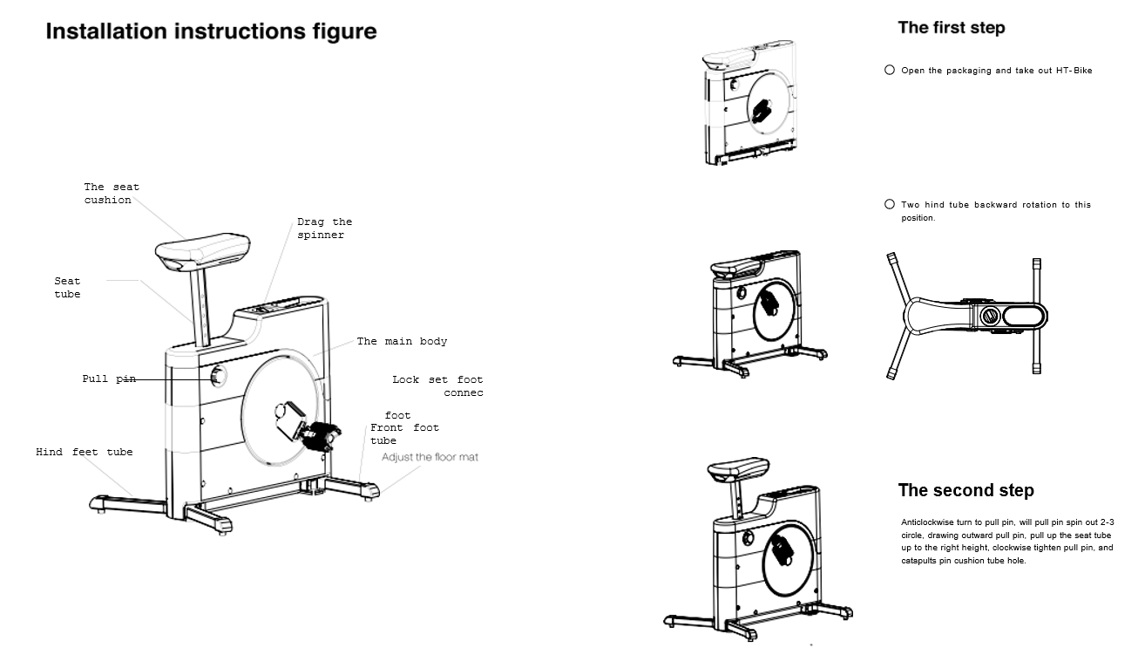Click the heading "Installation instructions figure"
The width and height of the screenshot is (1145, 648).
pos(211,32)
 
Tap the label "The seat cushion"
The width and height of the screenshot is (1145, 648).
pos(111,194)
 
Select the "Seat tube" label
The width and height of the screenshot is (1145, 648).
pos(67,288)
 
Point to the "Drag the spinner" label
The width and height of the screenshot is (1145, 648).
pos(324,229)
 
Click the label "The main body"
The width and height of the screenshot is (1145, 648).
pos(402,341)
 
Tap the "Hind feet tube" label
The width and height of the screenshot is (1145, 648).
pos(84,452)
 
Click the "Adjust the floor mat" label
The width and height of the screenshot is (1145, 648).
pos(430,457)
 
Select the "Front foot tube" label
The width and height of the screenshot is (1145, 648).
pos(404,433)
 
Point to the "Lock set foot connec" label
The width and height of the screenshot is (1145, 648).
pos(437,386)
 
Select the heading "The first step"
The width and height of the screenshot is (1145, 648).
pos(951,28)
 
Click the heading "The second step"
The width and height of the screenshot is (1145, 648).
pos(965,490)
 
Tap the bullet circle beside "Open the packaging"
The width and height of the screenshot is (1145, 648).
pos(890,70)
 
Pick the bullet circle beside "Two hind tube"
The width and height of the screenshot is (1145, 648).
pos(890,204)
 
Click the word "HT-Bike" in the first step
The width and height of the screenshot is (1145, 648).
pos(1074,71)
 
